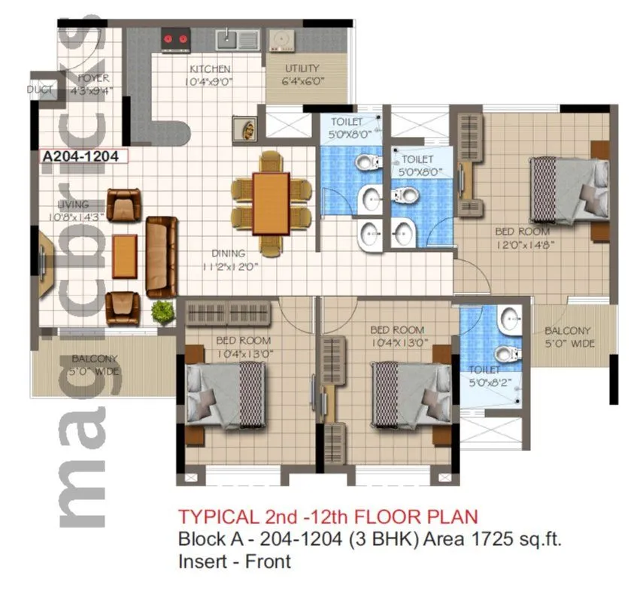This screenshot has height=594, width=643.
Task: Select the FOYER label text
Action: [x=92, y=77]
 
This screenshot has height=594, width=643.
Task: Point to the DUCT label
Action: [x=40, y=89]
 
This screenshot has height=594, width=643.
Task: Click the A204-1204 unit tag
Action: [x=83, y=156]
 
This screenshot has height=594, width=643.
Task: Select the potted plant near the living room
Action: [x=162, y=311]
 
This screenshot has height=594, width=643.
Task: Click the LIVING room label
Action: [x=73, y=204]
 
